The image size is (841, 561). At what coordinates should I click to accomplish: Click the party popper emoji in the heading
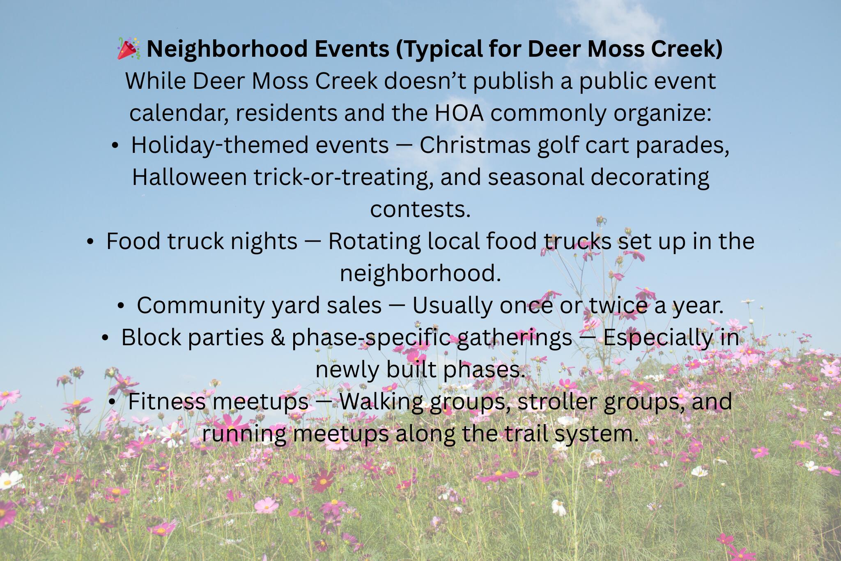pos(129,48)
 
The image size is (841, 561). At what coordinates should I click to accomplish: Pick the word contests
pos(420,209)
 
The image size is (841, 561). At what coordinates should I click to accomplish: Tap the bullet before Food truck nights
pos(90,242)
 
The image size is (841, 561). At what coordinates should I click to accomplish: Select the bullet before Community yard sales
pos(121,306)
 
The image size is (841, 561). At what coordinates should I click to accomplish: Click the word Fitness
pos(166,402)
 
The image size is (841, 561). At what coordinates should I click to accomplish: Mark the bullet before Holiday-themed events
pos(115,145)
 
